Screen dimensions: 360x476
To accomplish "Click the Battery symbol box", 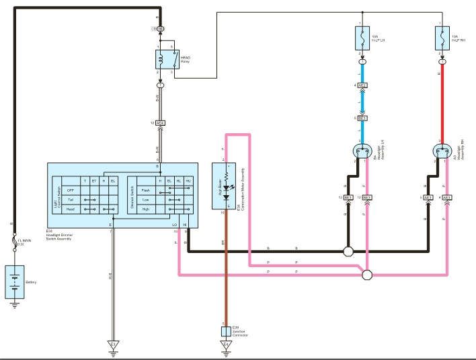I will click(x=15, y=281).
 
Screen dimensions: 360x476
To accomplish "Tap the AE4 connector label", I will click(x=160, y=123).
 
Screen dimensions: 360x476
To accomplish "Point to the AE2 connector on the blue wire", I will click(x=362, y=85).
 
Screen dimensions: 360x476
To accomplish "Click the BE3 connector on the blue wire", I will click(x=362, y=118).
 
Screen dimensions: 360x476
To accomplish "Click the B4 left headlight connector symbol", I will click(x=362, y=151).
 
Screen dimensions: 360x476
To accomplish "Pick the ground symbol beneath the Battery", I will click(x=15, y=304).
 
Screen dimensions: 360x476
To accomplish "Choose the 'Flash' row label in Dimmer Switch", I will click(x=145, y=190).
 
